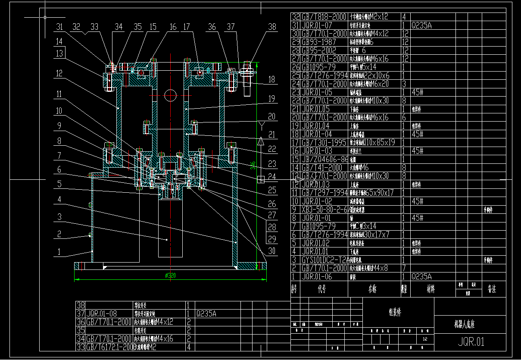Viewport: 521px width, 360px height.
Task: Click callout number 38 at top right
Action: point(272,27)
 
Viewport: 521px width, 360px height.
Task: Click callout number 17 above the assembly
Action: point(186,27)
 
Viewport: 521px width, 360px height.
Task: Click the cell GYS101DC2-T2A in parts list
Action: point(324,260)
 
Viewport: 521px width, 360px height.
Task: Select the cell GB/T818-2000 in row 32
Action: point(324,17)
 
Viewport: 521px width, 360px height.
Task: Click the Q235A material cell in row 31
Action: point(421,25)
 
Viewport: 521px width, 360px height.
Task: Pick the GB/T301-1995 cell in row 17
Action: point(324,142)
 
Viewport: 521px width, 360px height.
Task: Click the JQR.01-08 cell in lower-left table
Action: point(102,314)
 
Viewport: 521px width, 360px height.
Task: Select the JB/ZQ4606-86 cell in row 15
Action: point(324,159)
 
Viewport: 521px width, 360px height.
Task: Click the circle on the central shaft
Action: point(170,95)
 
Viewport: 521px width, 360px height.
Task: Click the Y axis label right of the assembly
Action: point(261,125)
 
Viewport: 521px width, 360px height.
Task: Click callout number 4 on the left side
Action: point(59,200)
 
